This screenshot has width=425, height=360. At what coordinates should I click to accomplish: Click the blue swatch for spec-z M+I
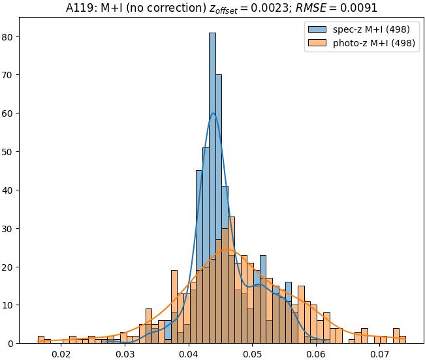click(316, 29)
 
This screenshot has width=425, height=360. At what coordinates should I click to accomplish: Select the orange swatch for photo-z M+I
click(316, 44)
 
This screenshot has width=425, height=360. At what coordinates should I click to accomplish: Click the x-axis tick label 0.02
click(61, 354)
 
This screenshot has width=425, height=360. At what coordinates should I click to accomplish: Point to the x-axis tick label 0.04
click(189, 354)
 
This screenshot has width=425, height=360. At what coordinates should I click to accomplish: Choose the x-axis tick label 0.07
click(380, 354)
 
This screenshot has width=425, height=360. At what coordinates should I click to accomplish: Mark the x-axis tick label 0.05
click(253, 354)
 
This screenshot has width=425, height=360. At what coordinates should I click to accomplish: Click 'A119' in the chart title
click(78, 8)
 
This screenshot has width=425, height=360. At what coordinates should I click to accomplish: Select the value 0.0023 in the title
click(251, 8)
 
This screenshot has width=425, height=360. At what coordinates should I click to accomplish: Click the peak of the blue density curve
click(213, 113)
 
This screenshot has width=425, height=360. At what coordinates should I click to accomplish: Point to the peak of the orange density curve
click(227, 249)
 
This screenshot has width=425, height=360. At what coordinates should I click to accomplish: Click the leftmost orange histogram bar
click(41, 340)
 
